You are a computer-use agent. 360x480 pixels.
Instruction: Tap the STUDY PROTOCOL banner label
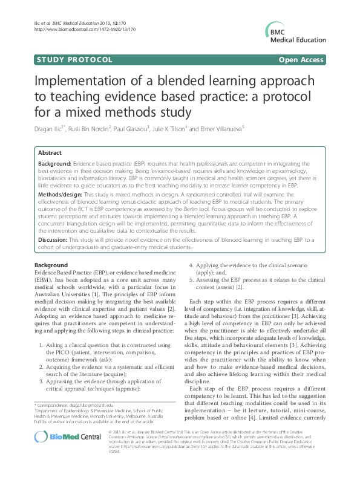pyautogui.click(x=74, y=60)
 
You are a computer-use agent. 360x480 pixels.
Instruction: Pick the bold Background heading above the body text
pyautogui.click(x=51, y=265)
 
